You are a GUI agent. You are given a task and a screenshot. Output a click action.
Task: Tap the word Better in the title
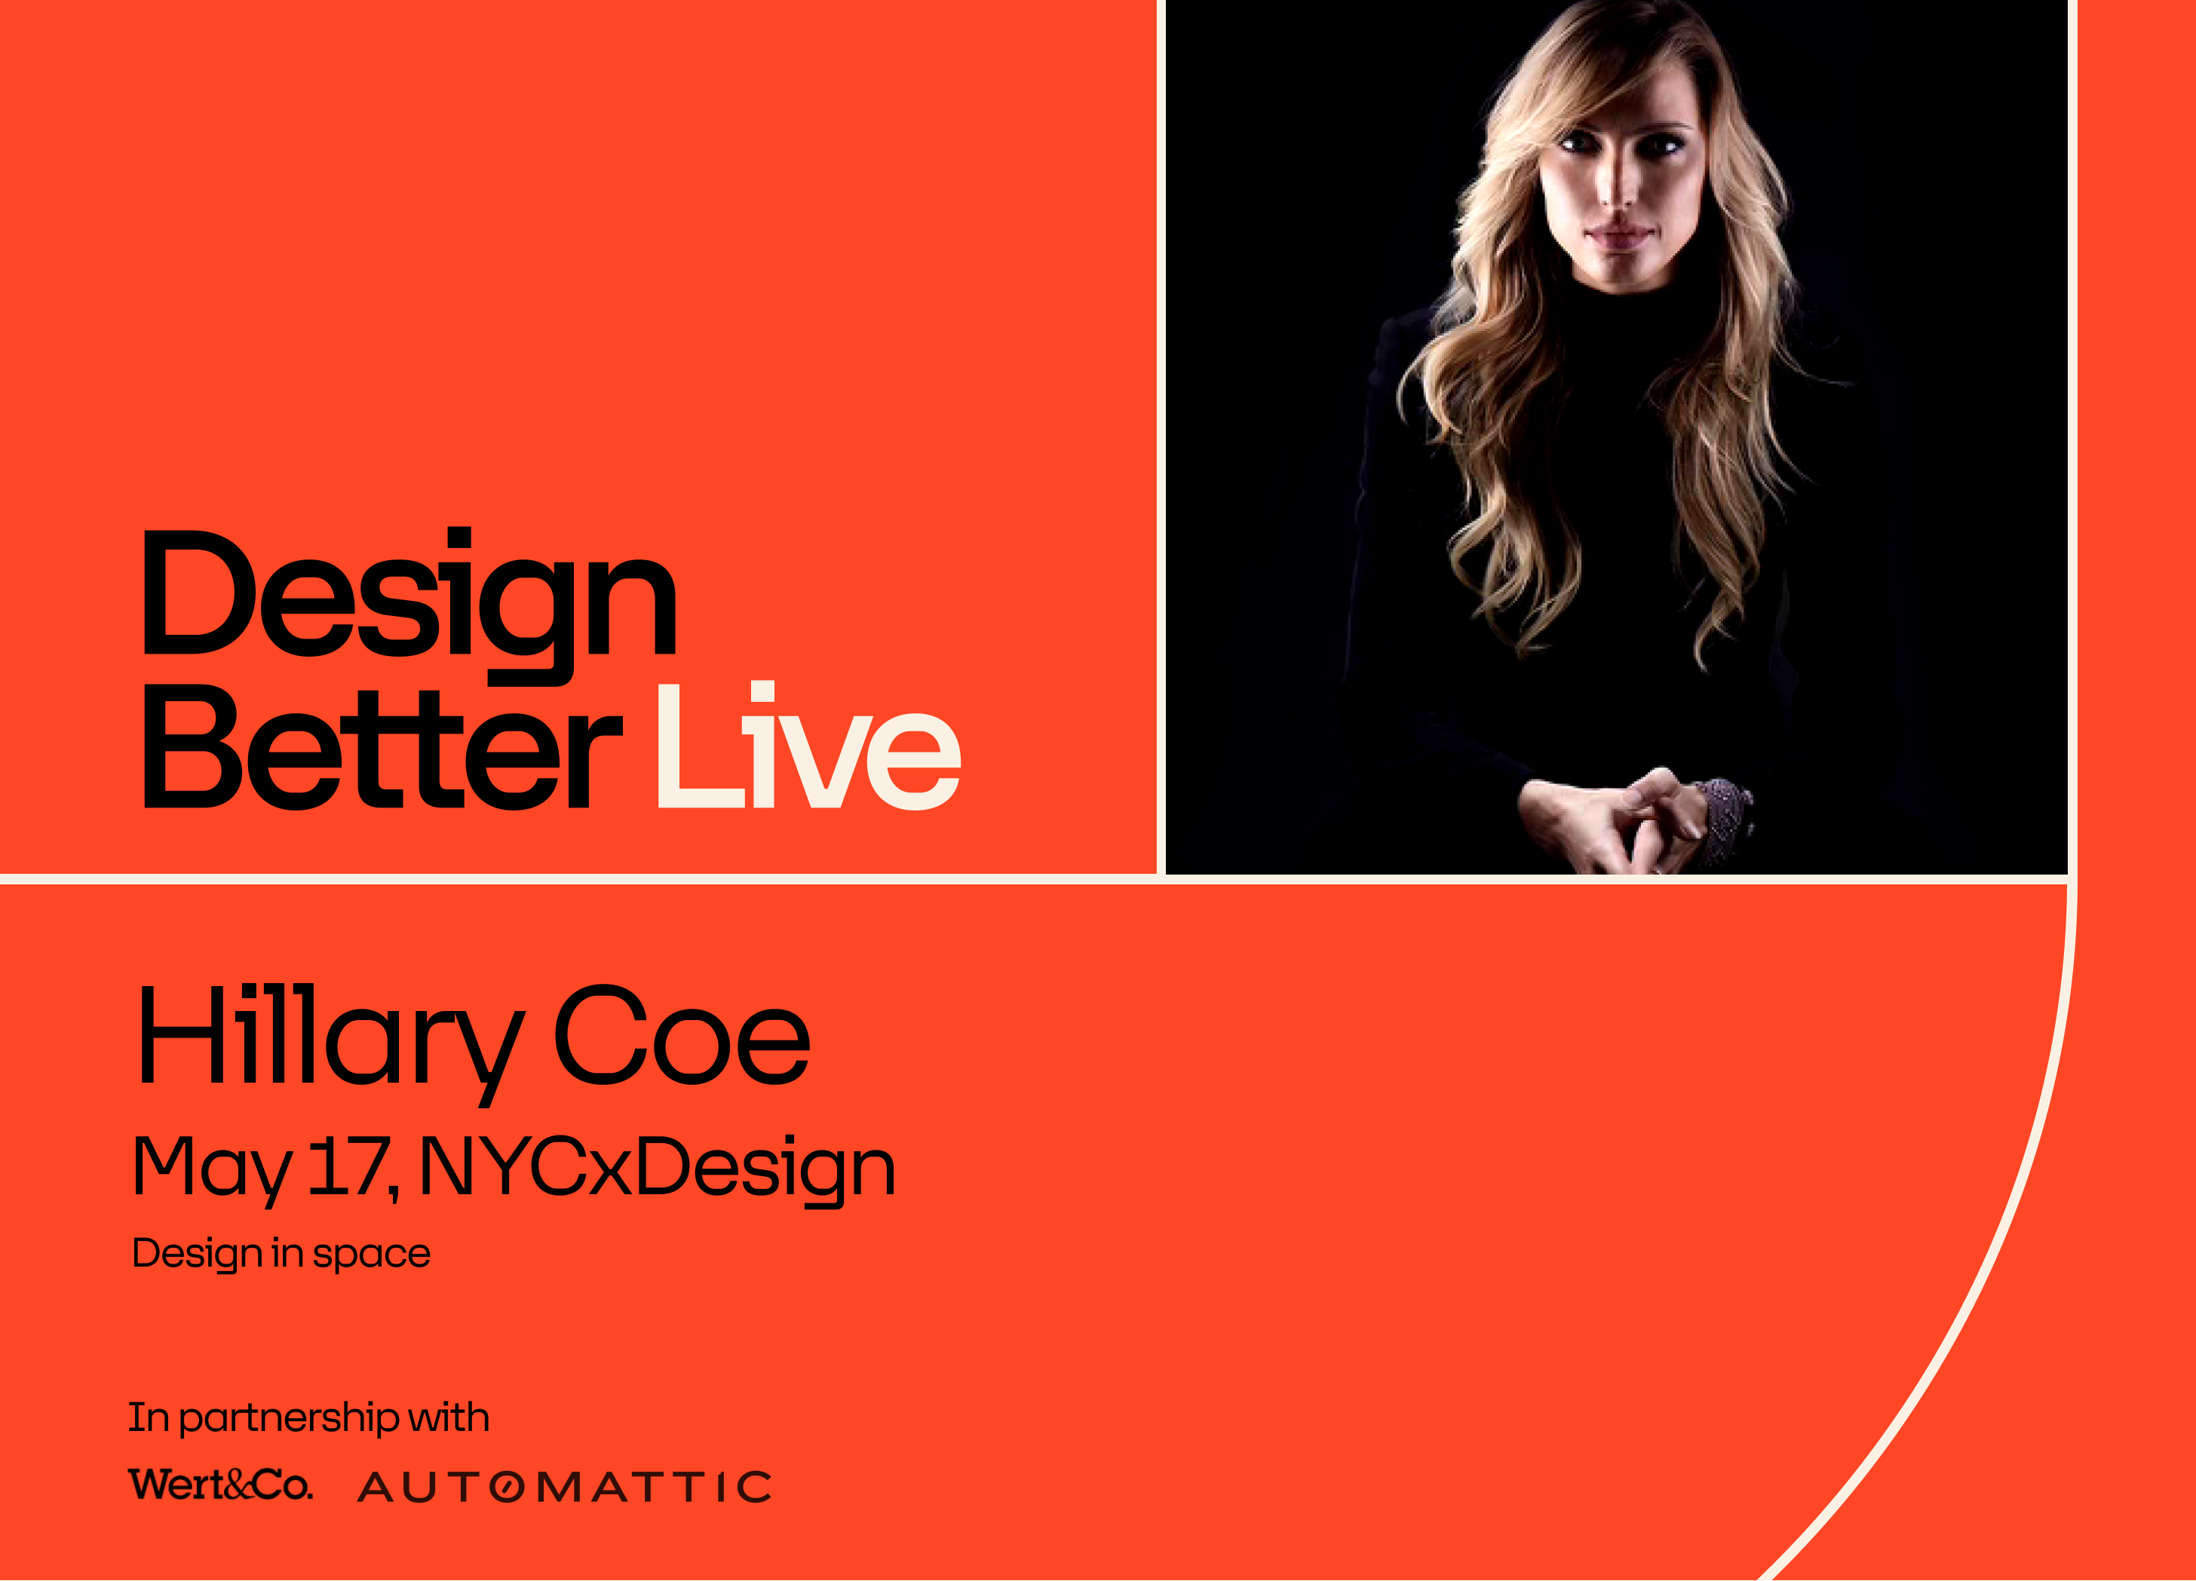pyautogui.click(x=382, y=749)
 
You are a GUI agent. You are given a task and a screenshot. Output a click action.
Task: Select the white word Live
pyautogui.click(x=808, y=749)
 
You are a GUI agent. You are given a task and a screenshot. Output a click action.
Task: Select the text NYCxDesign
pyautogui.click(x=658, y=1166)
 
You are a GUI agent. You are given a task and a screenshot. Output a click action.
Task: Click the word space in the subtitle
pyautogui.click(x=371, y=1254)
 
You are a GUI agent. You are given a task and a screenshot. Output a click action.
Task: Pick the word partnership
pyautogui.click(x=289, y=1418)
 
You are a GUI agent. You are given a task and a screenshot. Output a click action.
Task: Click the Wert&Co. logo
pyautogui.click(x=221, y=1484)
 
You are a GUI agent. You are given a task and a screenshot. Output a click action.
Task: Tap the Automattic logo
pyautogui.click(x=565, y=1487)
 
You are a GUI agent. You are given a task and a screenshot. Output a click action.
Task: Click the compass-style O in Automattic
pyautogui.click(x=508, y=1487)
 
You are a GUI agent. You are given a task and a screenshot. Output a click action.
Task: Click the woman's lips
pyautogui.click(x=1615, y=234)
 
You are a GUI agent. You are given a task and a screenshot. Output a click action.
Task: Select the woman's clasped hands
pyautogui.click(x=1627, y=818)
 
